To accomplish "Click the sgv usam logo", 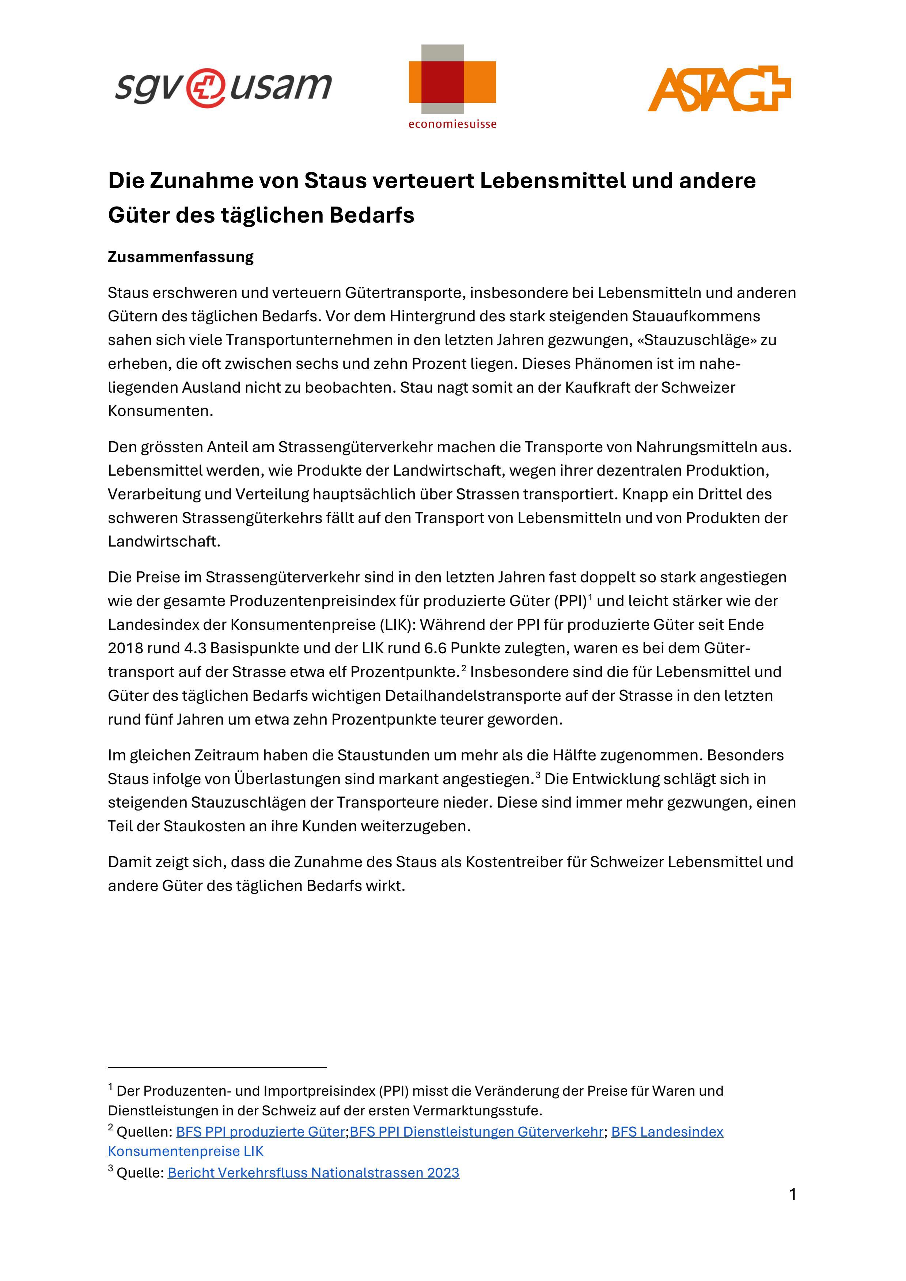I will coord(223,87).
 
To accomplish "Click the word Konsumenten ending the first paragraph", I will coord(160,411).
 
